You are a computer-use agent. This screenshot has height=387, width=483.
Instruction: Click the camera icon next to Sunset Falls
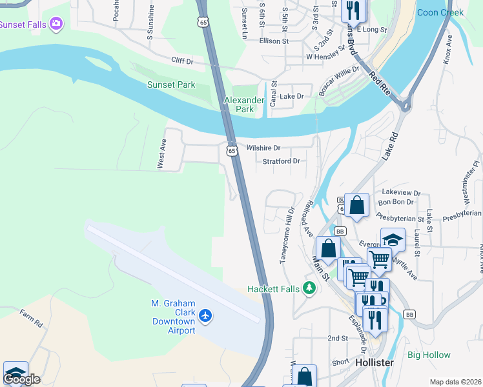pos(56,24)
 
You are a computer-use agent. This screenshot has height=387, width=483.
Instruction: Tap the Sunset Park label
pos(170,84)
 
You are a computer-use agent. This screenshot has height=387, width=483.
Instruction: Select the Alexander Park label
pos(244,104)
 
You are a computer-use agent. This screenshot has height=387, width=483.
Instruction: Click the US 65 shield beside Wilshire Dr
pos(232,151)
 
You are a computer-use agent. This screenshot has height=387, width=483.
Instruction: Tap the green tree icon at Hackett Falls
pos(309,288)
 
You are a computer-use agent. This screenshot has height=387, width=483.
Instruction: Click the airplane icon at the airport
pos(205,315)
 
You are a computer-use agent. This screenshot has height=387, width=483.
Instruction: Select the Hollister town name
pos(375,362)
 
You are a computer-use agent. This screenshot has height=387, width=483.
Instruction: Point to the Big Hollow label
pos(429,355)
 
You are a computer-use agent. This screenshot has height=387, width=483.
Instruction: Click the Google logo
pos(21,379)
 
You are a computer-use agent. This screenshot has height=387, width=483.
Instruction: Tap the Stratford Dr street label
pos(282,161)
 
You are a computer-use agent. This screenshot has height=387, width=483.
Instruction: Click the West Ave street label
pos(162,156)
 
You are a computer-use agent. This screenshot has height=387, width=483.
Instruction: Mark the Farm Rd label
pos(30,319)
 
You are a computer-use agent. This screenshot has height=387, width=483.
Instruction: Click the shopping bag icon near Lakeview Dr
pos(356,206)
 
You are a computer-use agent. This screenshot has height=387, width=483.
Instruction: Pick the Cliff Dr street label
pos(182,60)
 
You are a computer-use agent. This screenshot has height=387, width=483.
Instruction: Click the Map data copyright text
pos(455,382)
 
